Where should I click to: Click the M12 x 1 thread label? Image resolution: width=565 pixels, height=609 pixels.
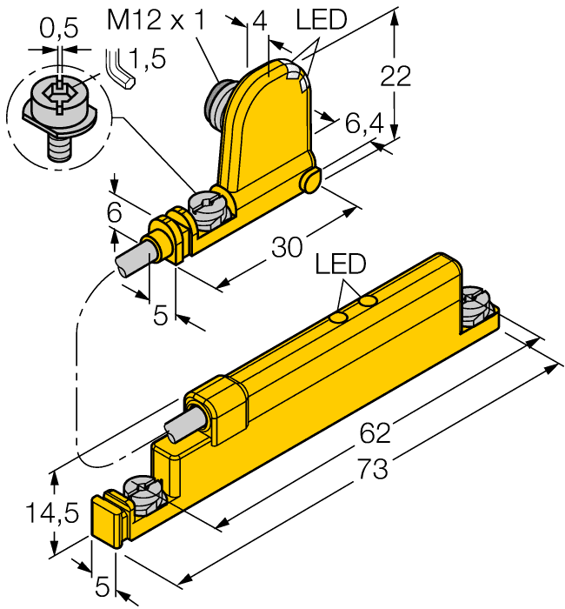156,19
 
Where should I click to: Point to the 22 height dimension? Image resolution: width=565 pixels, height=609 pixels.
396,77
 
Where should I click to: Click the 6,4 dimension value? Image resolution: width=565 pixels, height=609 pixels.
364,125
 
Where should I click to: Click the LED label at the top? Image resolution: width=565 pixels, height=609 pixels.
321,19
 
